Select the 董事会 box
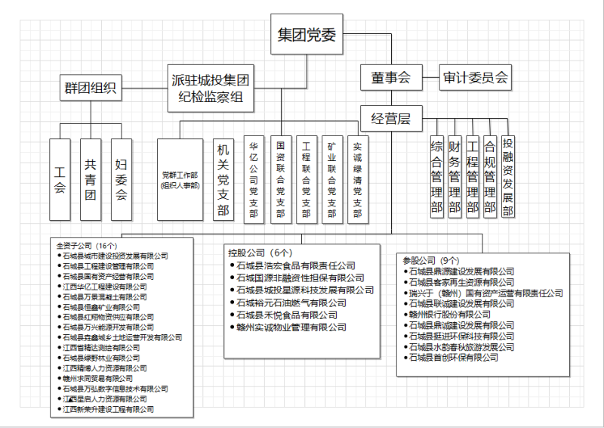(x=390, y=76)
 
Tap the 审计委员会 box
(x=476, y=76)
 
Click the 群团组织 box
(x=89, y=88)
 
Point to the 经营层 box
(x=390, y=118)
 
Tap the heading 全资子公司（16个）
(x=86, y=245)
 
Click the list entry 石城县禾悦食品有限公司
(x=286, y=315)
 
